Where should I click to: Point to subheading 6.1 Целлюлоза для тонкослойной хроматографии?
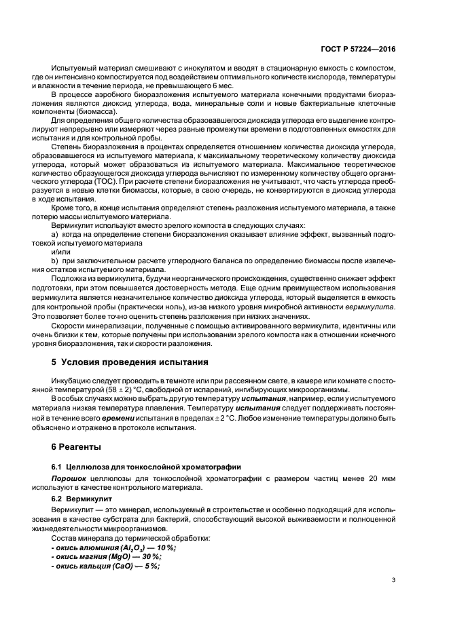pos(141,467)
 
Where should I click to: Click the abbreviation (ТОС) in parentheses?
pos(105,182)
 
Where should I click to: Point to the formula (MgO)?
pos(109,557)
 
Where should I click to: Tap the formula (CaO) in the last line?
pos(113,566)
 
